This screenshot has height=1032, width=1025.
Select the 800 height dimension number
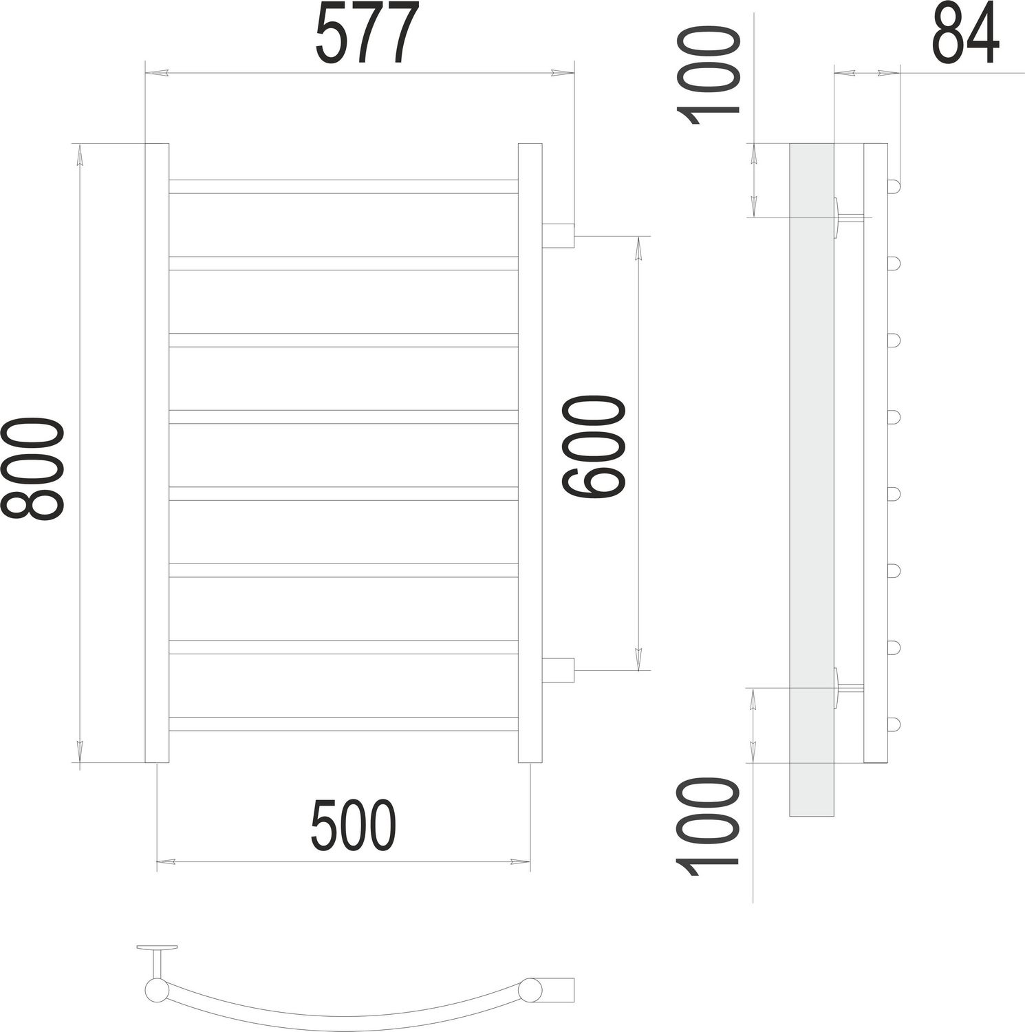pos(33,468)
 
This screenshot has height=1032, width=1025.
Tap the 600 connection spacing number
pos(594,446)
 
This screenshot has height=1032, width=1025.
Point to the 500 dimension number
pos(354,825)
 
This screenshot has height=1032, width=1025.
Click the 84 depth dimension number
pos(964,33)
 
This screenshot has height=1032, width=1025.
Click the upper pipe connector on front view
pos(558,235)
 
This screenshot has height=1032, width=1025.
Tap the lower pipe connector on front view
pos(558,670)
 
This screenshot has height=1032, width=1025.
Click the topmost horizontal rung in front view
pos(343,186)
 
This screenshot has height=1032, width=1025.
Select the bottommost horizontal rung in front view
pos(343,724)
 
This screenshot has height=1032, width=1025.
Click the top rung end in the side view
pos(893,186)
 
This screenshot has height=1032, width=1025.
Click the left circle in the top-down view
pos(157,991)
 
